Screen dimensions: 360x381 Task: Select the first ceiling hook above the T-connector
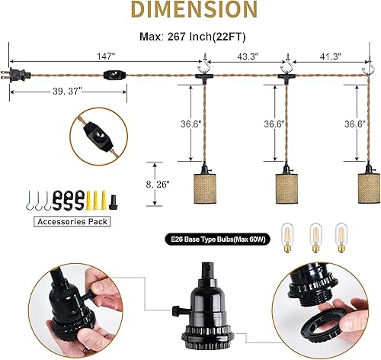click(x=207, y=56)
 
